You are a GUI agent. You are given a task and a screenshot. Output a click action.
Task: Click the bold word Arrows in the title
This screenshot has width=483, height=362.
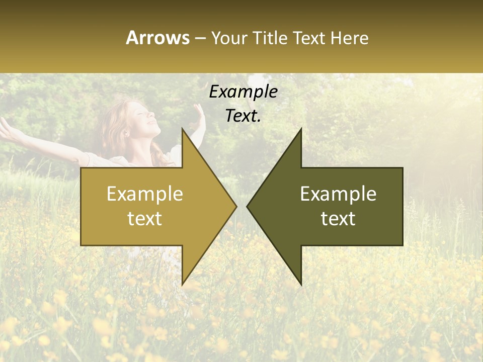click(x=157, y=38)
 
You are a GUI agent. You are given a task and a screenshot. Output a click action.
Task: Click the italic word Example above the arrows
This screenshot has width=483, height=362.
click(x=243, y=92)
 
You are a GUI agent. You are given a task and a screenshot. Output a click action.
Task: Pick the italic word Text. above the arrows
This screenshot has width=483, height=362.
click(x=243, y=116)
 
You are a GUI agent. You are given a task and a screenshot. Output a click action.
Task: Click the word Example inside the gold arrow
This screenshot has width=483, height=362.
click(x=145, y=194)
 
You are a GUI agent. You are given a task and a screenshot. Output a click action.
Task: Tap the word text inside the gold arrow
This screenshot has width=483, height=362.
click(x=145, y=218)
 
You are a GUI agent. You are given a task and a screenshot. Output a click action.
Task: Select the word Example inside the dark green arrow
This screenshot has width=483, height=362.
click(x=338, y=194)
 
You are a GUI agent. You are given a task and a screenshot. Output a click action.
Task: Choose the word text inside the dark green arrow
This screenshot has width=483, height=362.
click(x=338, y=218)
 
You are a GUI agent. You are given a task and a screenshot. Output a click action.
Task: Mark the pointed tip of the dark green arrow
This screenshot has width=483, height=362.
click(x=248, y=206)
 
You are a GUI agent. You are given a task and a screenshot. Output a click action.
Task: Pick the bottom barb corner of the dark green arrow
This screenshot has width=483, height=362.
click(x=301, y=284)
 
